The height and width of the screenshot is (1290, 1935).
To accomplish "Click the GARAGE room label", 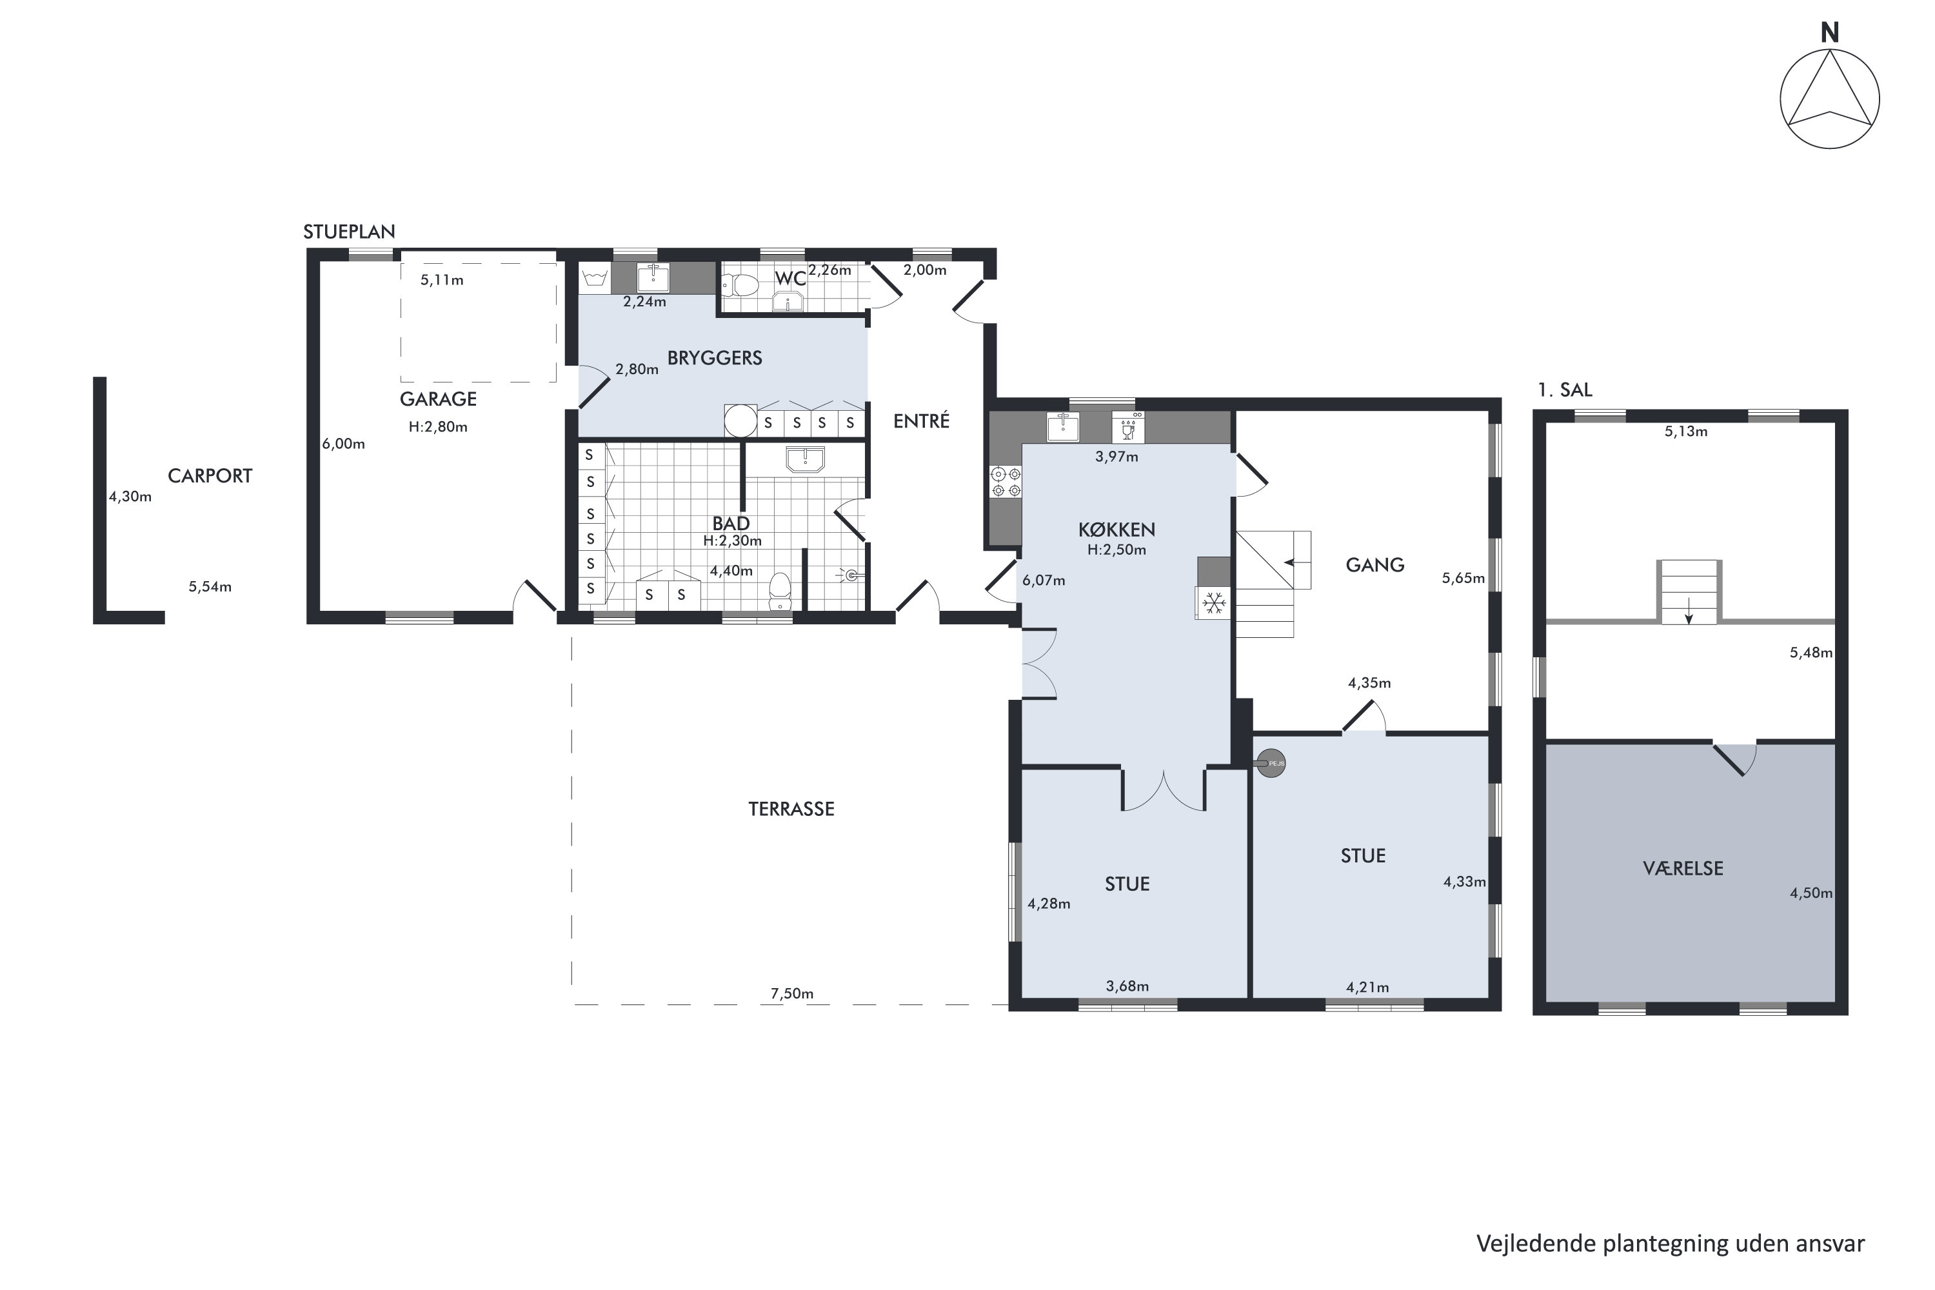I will [438, 399].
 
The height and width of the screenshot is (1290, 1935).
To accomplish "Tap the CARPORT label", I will [210, 475].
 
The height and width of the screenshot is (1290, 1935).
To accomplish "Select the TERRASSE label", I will [791, 809].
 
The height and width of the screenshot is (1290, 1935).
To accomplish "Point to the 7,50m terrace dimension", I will [791, 994].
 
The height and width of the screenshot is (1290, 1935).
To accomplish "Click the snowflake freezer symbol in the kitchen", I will [1213, 603].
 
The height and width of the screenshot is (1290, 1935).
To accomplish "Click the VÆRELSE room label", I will [1682, 868].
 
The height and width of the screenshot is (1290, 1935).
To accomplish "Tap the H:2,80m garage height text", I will [438, 427].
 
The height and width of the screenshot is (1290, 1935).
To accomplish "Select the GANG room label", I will [1374, 565].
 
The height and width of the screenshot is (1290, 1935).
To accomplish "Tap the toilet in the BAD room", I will [779, 590].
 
